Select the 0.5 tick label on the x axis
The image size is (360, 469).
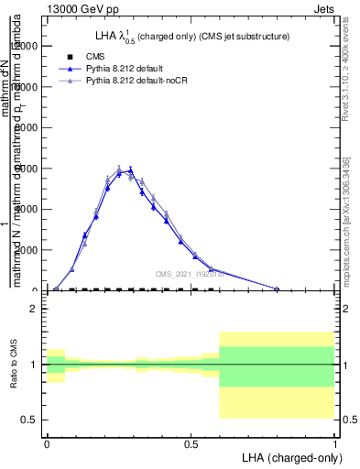click(191, 442)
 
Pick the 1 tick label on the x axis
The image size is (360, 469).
click(335, 442)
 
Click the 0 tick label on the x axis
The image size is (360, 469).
click(47, 442)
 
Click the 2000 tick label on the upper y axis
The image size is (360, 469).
click(26, 250)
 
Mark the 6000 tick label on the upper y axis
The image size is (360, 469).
click(26, 169)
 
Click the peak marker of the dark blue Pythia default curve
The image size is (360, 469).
click(131, 170)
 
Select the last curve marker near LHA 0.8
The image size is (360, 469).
click(277, 289)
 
